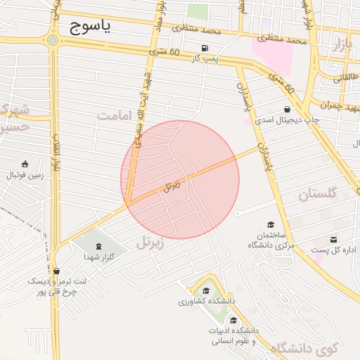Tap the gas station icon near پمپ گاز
coord(205,49)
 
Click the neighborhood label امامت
coord(115,115)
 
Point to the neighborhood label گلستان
coord(318,194)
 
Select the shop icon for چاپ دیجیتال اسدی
coord(288,109)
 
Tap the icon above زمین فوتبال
coord(25,163)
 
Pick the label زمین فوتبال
coord(25,174)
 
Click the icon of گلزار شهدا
coord(98,246)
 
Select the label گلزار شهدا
coord(98,257)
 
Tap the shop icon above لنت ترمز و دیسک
coord(56,271)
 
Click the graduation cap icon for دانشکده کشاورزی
coord(206,290)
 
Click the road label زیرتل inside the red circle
coord(171,186)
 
